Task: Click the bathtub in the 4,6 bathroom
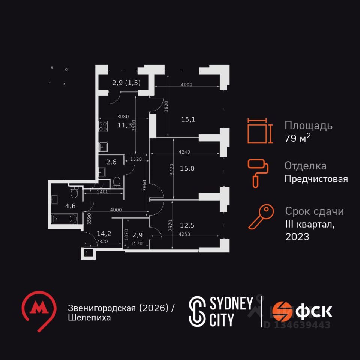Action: click(64, 218)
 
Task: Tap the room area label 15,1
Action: click(188, 120)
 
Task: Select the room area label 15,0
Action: click(187, 168)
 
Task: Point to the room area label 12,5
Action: click(187, 225)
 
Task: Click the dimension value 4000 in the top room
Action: click(186, 85)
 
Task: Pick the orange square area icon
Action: click(259, 131)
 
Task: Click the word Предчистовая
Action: click(316, 179)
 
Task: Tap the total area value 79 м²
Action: click(297, 138)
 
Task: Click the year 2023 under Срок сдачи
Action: click(297, 237)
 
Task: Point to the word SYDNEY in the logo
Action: click(230, 304)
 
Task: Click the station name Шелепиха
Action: click(89, 318)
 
